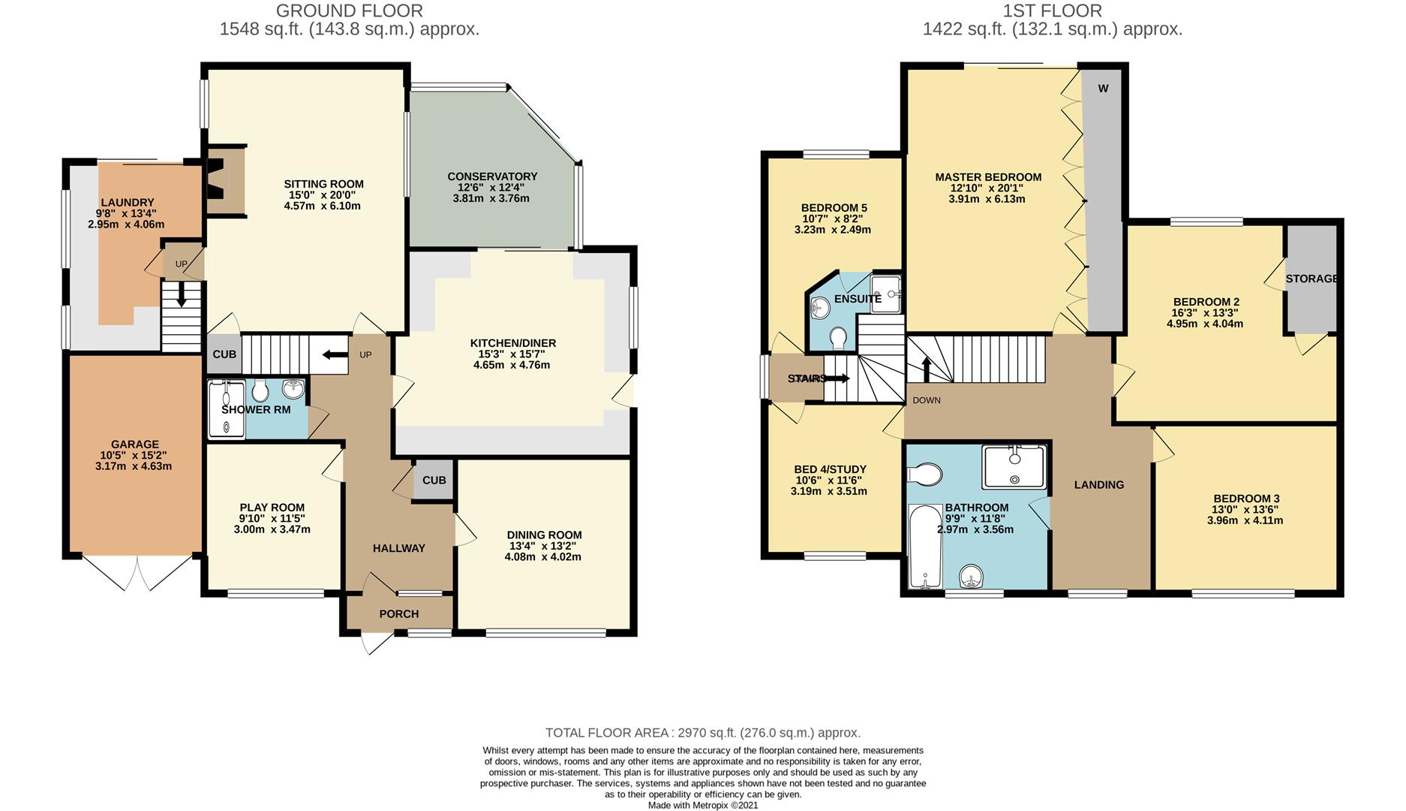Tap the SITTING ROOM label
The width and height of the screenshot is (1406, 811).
[323, 184]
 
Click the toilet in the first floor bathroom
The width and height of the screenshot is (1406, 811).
[924, 475]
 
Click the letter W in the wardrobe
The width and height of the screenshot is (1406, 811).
[1103, 89]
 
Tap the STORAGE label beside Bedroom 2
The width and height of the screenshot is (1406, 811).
[1311, 279]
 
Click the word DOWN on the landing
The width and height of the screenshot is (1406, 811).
[927, 400]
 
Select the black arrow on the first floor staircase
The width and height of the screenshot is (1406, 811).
[927, 369]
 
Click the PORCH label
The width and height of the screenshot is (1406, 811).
[399, 614]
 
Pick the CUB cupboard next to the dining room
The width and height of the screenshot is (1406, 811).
[434, 480]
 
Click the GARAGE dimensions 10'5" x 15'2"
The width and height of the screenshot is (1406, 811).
[135, 455]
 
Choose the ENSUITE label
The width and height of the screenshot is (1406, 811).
[858, 299]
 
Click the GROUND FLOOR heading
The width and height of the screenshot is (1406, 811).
[350, 11]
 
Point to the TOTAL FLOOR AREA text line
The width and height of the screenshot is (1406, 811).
[703, 733]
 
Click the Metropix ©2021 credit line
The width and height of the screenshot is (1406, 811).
[703, 805]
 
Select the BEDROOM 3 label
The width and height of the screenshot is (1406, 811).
[1246, 499]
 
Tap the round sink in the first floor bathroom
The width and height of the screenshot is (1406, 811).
[972, 577]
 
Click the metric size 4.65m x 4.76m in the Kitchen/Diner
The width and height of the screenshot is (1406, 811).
[512, 366]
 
